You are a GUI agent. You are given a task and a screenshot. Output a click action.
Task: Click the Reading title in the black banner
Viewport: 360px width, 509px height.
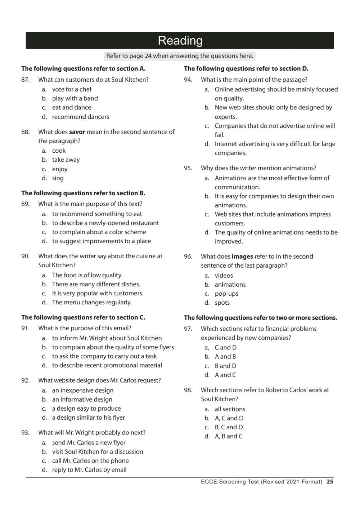(180, 40)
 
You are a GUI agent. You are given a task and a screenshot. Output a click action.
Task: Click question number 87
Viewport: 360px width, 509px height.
(25, 80)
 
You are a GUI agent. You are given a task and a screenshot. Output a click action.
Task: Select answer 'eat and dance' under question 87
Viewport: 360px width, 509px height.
(71, 107)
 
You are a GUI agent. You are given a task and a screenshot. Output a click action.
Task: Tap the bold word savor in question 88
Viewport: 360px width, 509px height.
(77, 132)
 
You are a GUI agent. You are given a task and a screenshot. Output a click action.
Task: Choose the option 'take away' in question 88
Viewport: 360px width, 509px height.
(66, 160)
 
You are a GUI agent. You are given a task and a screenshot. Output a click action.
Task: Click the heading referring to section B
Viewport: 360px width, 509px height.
(83, 193)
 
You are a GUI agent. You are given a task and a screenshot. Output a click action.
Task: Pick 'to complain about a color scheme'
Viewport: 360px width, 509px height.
(99, 232)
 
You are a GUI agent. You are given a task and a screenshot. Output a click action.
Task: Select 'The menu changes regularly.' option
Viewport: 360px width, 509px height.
(92, 302)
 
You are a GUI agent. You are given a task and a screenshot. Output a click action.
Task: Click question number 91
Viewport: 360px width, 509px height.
(25, 328)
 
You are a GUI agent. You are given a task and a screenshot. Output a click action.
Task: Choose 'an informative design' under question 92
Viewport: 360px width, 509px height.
(82, 399)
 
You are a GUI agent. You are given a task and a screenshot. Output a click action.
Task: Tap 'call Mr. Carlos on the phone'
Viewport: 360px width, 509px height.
(90, 461)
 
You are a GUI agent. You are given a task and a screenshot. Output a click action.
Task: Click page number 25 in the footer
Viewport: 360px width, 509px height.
(330, 482)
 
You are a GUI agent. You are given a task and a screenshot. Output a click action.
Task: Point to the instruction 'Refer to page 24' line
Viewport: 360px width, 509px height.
(180, 56)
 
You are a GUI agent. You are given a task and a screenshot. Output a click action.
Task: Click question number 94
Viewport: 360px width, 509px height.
(188, 80)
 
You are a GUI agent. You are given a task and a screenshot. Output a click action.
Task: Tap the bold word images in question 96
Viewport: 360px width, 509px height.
(242, 256)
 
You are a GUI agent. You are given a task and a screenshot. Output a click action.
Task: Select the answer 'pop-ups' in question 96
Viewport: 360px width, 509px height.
(226, 294)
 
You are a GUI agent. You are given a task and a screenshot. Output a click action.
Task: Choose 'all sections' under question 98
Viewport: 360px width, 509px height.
(230, 409)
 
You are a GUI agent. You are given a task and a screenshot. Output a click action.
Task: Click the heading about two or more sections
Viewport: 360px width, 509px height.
(260, 318)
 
